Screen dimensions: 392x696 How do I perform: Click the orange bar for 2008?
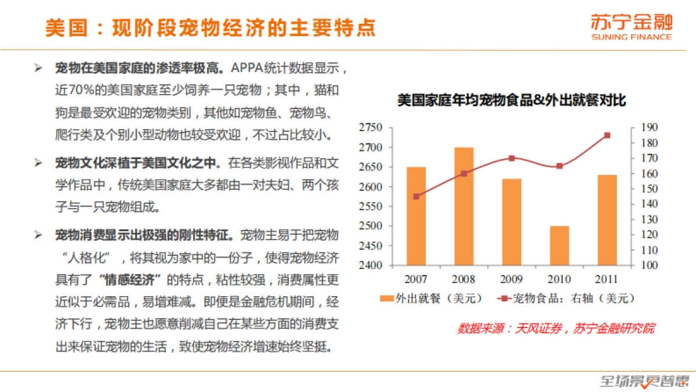[x=463, y=206]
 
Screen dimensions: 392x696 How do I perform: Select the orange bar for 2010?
[x=559, y=245]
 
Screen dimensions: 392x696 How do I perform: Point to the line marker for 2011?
[x=607, y=135]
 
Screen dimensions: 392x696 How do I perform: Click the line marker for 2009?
[x=512, y=158]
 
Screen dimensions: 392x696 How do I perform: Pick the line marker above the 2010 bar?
[x=559, y=166]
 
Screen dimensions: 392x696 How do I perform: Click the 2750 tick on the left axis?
[x=371, y=128]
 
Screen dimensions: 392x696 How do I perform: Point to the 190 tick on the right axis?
[x=648, y=128]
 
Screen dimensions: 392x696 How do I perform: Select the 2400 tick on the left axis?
[x=371, y=265]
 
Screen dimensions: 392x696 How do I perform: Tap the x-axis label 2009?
[x=512, y=279]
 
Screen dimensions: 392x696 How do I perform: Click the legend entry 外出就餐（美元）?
[x=432, y=299]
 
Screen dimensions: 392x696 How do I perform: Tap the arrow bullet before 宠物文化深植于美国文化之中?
[x=38, y=161]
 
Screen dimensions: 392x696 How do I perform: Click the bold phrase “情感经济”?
[x=129, y=279]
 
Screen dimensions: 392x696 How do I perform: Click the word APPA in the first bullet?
[x=245, y=67]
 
